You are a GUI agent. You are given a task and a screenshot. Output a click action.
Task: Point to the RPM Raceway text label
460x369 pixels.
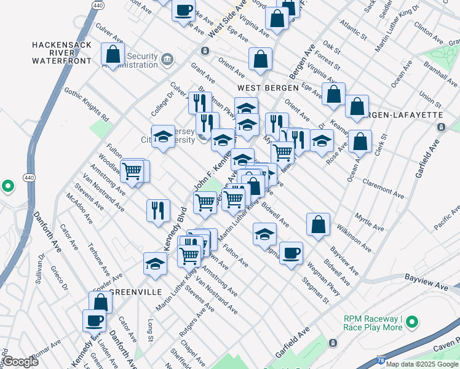(373, 323)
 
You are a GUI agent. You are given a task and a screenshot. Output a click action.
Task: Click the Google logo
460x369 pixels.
(20, 362)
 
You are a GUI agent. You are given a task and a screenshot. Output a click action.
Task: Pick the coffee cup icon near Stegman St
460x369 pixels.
(291, 252)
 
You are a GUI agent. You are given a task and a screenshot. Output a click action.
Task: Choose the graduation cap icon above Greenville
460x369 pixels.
(155, 263)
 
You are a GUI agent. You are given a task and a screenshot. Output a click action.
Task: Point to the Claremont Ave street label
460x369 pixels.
(383, 188)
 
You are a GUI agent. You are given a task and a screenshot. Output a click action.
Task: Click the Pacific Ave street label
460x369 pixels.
(446, 219)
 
